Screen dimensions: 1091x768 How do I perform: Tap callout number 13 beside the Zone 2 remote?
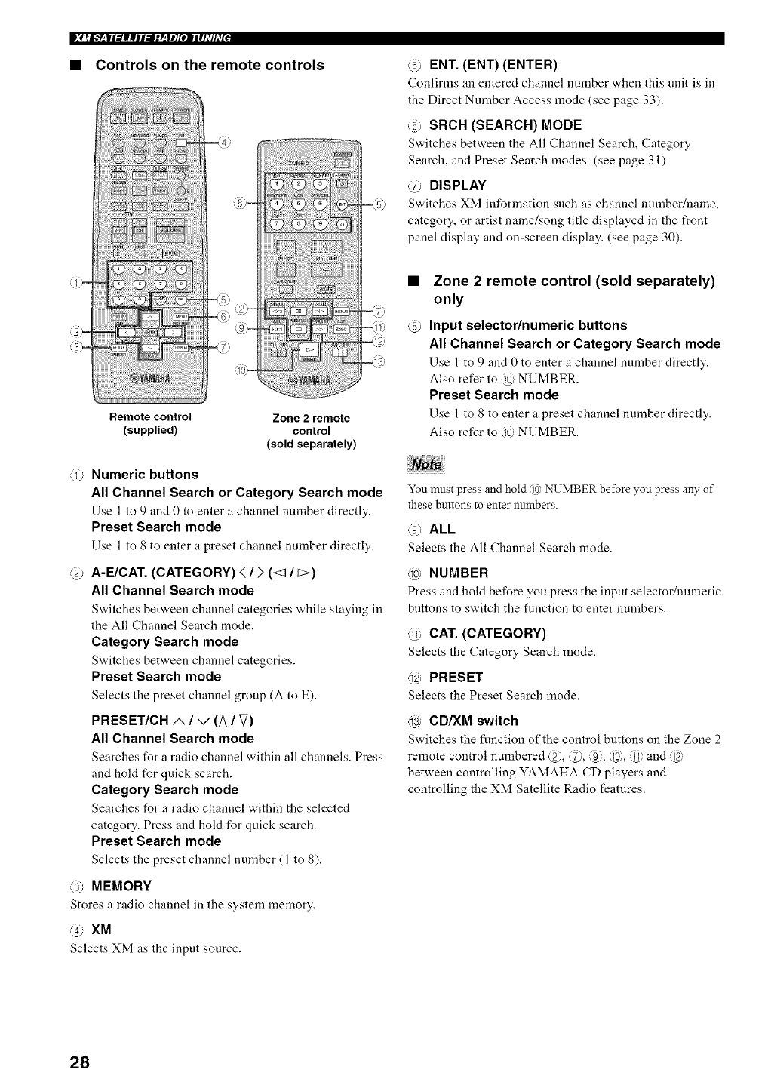tap(379, 363)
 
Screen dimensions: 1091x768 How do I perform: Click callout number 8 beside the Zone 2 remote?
tap(240, 203)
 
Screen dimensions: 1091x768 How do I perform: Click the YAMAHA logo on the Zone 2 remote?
tap(308, 380)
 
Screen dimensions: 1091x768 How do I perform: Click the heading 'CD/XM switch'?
tap(473, 721)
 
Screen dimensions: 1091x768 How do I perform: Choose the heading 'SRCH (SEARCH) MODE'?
tap(505, 124)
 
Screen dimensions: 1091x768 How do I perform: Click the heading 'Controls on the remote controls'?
tap(209, 65)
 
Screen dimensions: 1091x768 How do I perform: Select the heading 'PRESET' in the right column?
tap(456, 677)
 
